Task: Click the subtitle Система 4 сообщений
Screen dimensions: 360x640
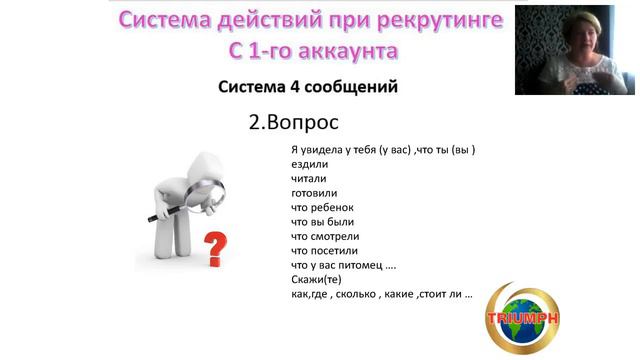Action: [308, 87]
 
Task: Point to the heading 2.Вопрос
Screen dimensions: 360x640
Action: [293, 123]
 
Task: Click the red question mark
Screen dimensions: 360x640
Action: [213, 247]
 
